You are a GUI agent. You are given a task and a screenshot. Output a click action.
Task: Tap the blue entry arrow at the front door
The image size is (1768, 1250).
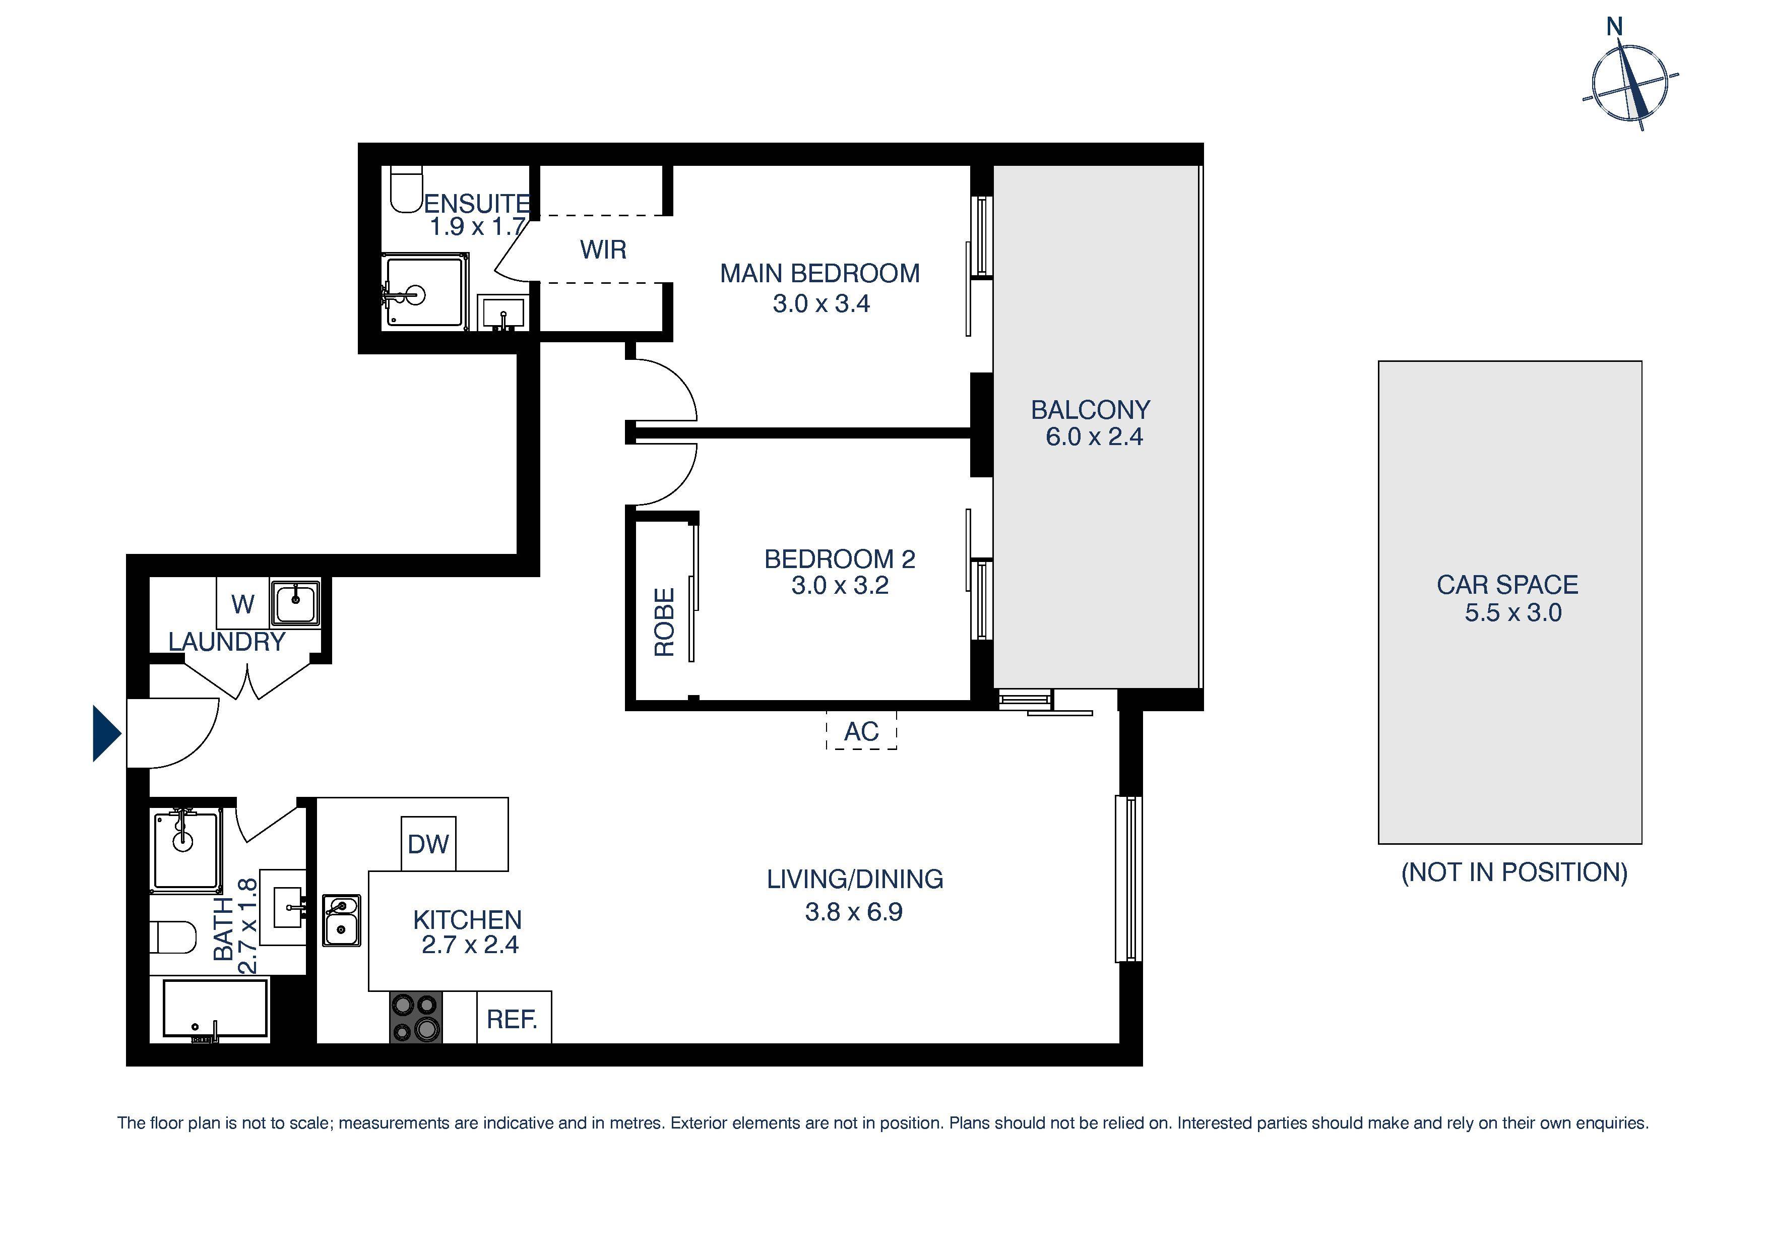click(x=105, y=733)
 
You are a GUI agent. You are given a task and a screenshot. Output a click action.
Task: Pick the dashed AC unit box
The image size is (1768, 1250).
click(x=861, y=731)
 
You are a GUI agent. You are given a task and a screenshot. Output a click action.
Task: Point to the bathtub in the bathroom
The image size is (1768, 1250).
click(x=216, y=1009)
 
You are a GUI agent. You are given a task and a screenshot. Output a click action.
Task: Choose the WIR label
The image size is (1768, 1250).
click(x=603, y=249)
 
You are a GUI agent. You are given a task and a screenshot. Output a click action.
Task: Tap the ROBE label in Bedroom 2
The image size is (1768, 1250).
click(x=664, y=622)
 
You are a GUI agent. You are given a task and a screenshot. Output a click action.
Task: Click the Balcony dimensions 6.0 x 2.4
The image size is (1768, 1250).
click(x=1094, y=436)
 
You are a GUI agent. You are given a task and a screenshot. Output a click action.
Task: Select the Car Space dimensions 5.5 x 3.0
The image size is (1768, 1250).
click(x=1512, y=613)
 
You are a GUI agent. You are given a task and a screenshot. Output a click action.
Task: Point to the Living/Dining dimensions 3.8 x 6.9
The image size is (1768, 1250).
click(x=853, y=912)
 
